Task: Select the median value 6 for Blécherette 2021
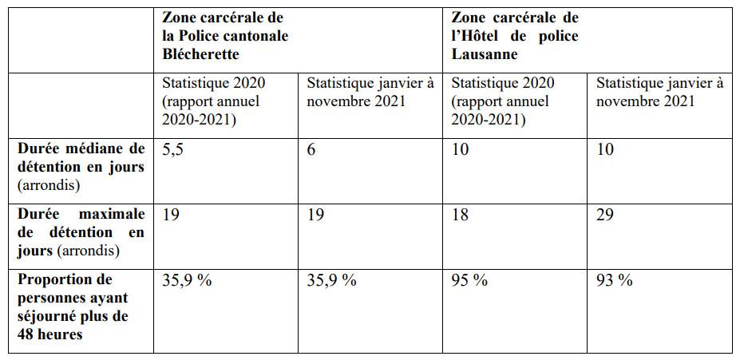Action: coord(311,149)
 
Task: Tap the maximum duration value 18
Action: coord(461,214)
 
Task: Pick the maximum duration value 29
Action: coord(606,214)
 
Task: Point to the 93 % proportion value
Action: coord(614,280)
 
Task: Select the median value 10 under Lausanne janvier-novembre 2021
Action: coord(606,149)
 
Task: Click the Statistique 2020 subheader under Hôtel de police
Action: coord(503,83)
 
